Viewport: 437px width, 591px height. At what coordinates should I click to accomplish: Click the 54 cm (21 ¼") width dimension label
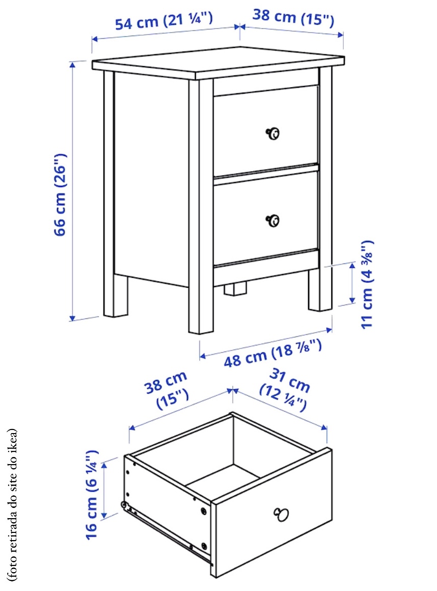164,21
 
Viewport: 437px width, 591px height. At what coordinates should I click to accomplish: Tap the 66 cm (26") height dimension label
60,195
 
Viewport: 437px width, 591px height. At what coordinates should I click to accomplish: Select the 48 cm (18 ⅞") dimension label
273,353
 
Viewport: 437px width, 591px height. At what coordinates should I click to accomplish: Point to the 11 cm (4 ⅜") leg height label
367,285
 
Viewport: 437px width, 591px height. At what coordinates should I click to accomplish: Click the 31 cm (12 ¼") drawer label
285,389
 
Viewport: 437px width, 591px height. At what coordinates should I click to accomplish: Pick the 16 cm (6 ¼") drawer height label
92,495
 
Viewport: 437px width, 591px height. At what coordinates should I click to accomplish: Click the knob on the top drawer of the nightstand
273,133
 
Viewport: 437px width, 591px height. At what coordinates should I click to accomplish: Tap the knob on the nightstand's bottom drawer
273,221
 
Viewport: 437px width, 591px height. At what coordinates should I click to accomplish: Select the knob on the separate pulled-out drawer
281,514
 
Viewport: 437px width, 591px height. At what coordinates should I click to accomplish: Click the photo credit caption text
12,504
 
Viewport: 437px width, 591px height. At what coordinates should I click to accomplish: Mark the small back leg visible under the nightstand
235,288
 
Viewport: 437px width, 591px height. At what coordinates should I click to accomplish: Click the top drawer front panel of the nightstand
266,130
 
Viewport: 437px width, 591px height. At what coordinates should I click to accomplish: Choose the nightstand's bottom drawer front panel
266,218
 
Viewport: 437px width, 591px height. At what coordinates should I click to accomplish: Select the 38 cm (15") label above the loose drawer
168,390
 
